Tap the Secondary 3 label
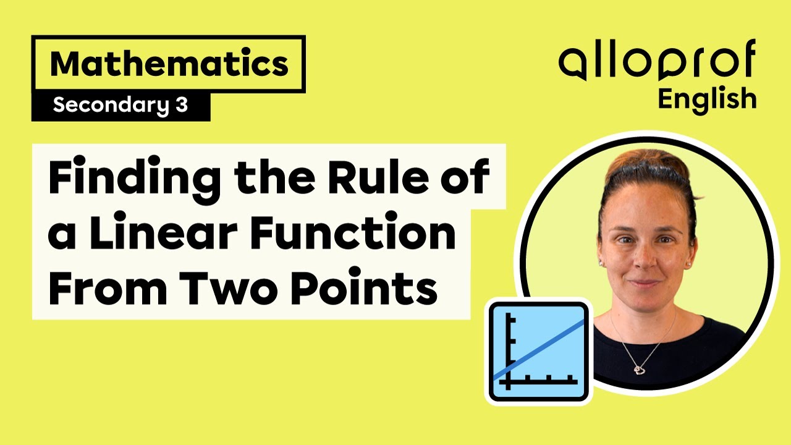(120, 106)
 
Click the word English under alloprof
(707, 99)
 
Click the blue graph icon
(538, 352)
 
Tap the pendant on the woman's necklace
(640, 369)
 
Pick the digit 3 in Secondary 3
(180, 106)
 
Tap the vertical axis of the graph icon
(509, 349)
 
